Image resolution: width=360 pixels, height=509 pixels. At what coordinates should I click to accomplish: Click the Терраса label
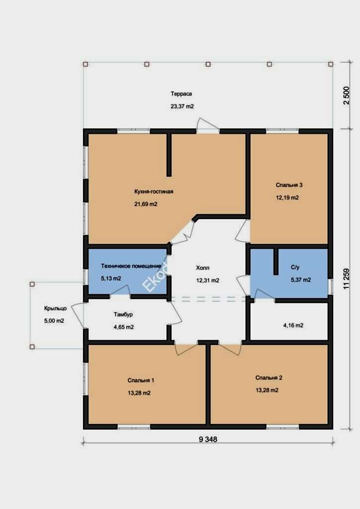(x=181, y=94)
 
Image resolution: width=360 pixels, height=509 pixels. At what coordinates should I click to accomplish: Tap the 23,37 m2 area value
(x=182, y=106)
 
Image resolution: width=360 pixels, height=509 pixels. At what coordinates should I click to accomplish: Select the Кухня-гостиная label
(x=154, y=191)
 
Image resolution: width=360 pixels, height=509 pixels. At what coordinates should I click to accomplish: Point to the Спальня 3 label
(x=289, y=185)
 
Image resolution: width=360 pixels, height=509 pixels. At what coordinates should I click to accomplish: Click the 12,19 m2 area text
(x=287, y=197)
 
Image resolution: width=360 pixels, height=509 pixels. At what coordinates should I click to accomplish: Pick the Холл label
(x=202, y=268)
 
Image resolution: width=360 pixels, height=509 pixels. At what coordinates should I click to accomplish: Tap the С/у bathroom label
(x=295, y=267)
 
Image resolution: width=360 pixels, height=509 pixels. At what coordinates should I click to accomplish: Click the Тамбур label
(x=123, y=315)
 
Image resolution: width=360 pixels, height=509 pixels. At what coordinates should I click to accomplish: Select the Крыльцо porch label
(x=56, y=308)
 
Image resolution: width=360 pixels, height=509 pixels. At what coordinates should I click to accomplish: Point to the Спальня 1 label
(x=141, y=380)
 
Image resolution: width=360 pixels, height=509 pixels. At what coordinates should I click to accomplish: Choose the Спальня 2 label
(x=269, y=378)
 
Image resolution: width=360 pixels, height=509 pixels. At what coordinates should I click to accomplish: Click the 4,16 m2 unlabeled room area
(x=293, y=325)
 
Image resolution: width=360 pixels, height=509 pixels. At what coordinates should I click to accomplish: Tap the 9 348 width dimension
(x=208, y=439)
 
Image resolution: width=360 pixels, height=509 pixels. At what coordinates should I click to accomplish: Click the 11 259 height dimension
(x=347, y=279)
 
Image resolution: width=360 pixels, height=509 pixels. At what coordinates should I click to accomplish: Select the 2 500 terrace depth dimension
(x=347, y=95)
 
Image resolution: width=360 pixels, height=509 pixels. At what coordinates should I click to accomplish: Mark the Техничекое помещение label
(x=131, y=266)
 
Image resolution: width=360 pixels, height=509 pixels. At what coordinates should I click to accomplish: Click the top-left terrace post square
(x=86, y=64)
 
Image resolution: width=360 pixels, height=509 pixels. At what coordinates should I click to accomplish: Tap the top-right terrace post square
(x=331, y=64)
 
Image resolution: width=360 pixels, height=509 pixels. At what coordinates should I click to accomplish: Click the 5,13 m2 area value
(x=111, y=278)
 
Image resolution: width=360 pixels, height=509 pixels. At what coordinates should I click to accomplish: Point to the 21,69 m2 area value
(x=146, y=204)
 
